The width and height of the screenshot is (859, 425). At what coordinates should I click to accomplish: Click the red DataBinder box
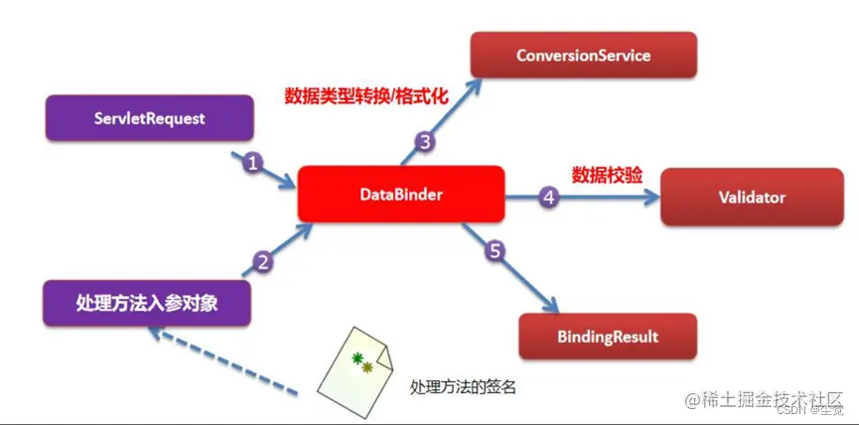[401, 196]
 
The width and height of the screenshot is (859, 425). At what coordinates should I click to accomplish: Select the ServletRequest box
[150, 118]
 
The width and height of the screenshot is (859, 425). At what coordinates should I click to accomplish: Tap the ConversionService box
[583, 55]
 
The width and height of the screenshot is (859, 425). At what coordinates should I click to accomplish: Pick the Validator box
[752, 197]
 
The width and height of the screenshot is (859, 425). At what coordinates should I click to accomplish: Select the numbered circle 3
[425, 142]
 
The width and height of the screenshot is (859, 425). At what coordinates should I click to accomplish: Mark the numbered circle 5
[497, 250]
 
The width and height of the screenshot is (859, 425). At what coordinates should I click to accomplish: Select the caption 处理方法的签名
[463, 387]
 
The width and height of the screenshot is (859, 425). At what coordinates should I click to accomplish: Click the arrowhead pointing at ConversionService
[471, 82]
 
